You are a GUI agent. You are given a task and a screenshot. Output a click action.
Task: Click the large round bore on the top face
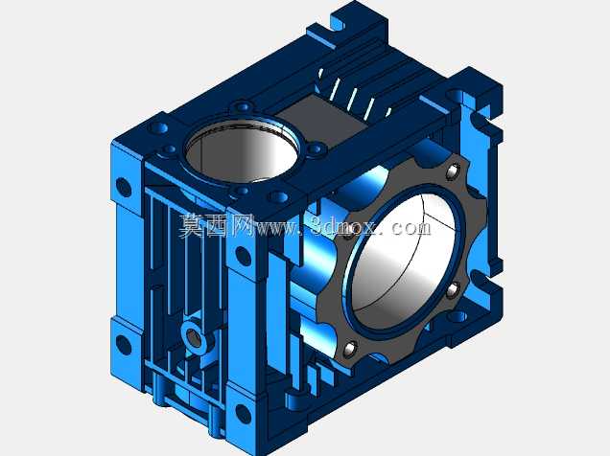pyautogui.click(x=244, y=151)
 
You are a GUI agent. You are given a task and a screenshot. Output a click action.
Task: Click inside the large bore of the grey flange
pyautogui.click(x=405, y=259)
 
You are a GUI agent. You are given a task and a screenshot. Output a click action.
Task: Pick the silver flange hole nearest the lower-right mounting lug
pyautogui.click(x=454, y=290)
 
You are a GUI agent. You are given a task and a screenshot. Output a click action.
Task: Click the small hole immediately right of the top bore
pyautogui.click(x=317, y=148)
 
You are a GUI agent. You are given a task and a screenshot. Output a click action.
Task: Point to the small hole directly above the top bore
pyautogui.click(x=244, y=106)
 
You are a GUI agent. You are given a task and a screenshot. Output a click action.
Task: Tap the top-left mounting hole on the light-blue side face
pyautogui.click(x=124, y=187)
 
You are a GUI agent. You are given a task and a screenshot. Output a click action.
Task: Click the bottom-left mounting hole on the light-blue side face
pyautogui.click(x=124, y=344)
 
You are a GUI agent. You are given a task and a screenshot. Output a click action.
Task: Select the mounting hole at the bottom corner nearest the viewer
pyautogui.click(x=244, y=414)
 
